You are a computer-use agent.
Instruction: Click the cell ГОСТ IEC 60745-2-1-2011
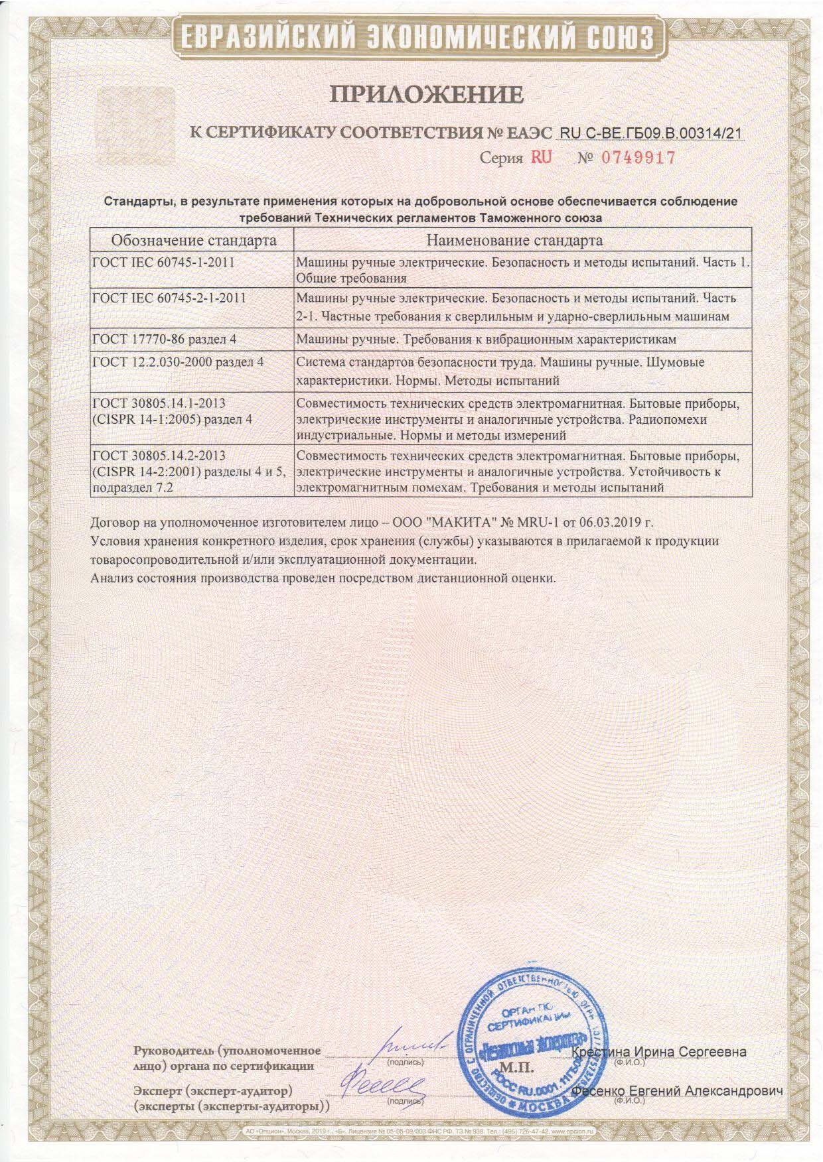coord(169,298)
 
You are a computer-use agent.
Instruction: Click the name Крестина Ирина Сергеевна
coord(658,1052)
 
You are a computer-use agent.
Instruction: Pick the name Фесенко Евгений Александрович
coord(677,1090)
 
